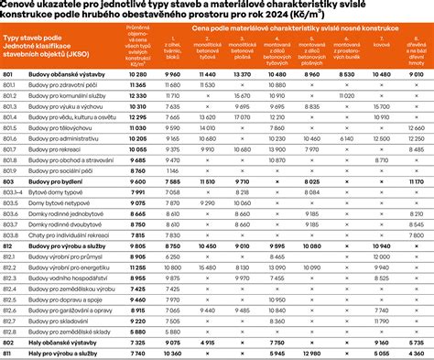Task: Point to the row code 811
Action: (7, 353)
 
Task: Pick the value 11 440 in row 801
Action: (207, 98)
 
